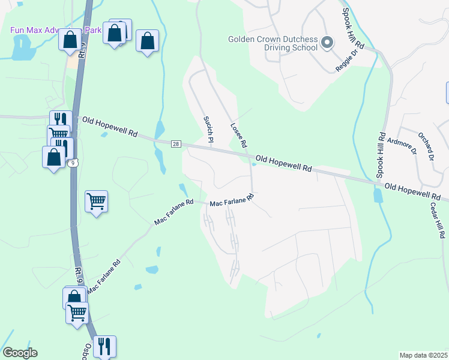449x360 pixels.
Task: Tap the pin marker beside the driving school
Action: (327, 43)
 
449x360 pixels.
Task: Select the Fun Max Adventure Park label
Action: (54, 30)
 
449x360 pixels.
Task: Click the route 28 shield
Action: (176, 144)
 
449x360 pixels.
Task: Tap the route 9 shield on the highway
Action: (73, 163)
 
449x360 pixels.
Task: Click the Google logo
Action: (20, 353)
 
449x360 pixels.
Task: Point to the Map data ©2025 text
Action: (423, 355)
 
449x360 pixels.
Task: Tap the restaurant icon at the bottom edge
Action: (104, 346)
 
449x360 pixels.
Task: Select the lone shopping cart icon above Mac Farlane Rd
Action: (96, 201)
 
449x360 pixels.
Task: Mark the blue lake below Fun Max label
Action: (23, 47)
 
